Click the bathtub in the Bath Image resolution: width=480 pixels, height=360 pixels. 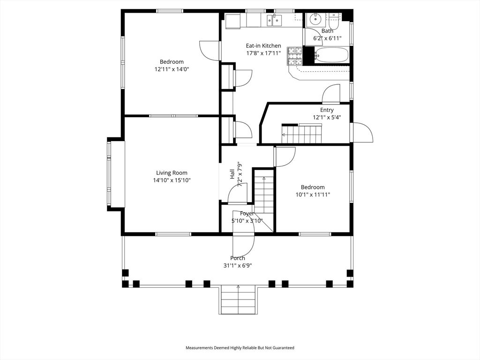point(331,55)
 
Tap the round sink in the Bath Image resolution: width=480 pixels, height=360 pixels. point(315,19)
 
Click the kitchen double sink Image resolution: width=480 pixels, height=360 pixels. point(274,21)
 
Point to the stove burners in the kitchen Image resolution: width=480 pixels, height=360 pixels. point(294,56)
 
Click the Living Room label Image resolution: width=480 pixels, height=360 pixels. point(172,172)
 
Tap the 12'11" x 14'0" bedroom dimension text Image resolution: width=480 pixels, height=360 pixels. point(172,69)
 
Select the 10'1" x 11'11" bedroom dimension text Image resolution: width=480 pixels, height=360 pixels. point(313,195)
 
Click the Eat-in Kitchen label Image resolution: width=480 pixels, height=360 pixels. point(263,45)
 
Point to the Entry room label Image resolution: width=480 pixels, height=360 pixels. point(327,110)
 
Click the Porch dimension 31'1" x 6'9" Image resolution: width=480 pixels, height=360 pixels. point(238,265)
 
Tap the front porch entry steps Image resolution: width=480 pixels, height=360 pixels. point(238,300)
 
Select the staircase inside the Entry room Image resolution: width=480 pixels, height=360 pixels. point(302,134)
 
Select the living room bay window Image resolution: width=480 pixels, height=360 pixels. point(115,174)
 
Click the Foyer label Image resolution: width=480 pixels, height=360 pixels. point(247,213)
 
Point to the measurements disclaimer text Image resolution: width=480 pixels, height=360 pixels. point(240,348)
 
